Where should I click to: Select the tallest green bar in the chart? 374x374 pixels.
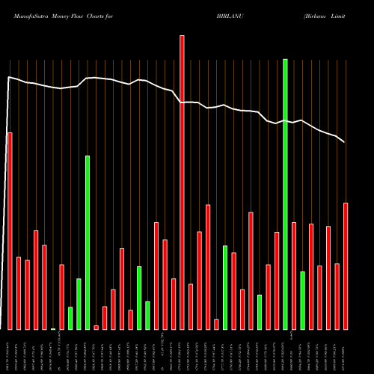[285, 194]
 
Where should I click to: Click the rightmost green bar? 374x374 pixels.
[302, 300]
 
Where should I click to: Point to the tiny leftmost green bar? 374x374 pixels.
[53, 328]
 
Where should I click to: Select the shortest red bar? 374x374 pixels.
[96, 327]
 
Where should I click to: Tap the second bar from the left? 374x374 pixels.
[19, 292]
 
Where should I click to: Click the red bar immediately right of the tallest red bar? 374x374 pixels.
[191, 307]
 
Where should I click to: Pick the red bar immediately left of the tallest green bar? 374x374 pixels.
[277, 280]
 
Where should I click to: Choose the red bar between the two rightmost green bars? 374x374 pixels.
[294, 275]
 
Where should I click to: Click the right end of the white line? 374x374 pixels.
[344, 141]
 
